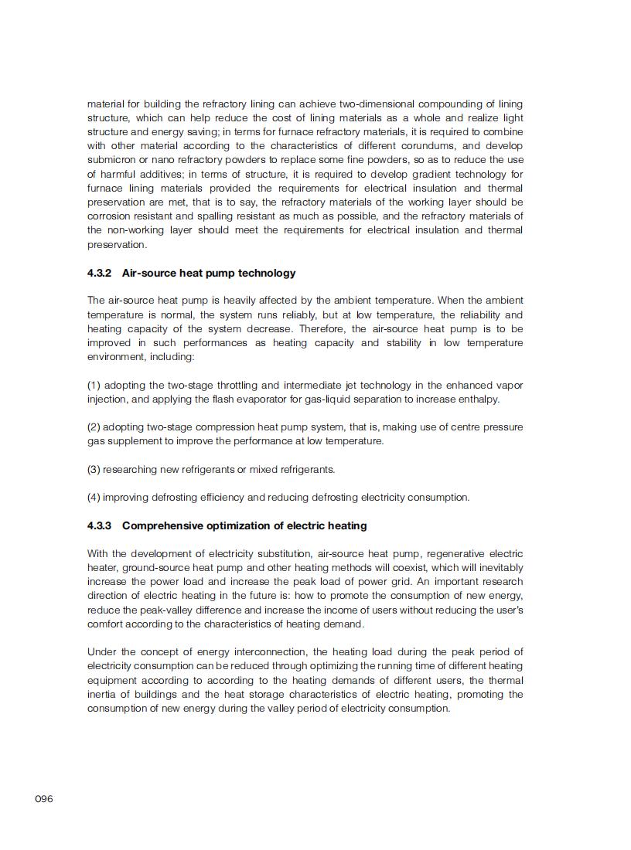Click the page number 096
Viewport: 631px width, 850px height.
click(44, 799)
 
